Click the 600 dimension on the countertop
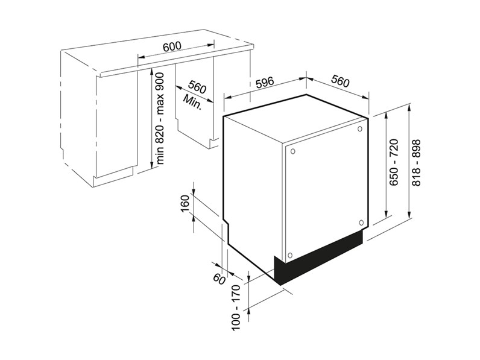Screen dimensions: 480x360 click(172, 46)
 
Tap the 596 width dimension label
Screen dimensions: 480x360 click(265, 83)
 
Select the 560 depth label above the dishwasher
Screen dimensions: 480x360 click(339, 81)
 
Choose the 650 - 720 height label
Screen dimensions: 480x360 click(394, 162)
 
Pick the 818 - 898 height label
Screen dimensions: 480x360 click(416, 163)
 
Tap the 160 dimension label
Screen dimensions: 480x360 click(186, 204)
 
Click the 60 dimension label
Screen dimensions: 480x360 click(219, 279)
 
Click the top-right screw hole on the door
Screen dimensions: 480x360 click(359, 129)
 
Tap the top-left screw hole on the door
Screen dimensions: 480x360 click(292, 151)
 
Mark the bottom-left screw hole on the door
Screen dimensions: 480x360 click(290, 255)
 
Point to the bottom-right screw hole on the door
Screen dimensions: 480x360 click(361, 222)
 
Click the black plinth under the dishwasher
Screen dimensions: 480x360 click(318, 257)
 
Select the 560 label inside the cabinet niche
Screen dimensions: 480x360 click(197, 87)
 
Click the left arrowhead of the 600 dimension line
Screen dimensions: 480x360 click(141, 57)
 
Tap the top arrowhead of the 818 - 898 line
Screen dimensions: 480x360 click(409, 107)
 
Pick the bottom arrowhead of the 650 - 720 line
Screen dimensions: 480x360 click(387, 213)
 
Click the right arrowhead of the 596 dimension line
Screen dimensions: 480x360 click(303, 78)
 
